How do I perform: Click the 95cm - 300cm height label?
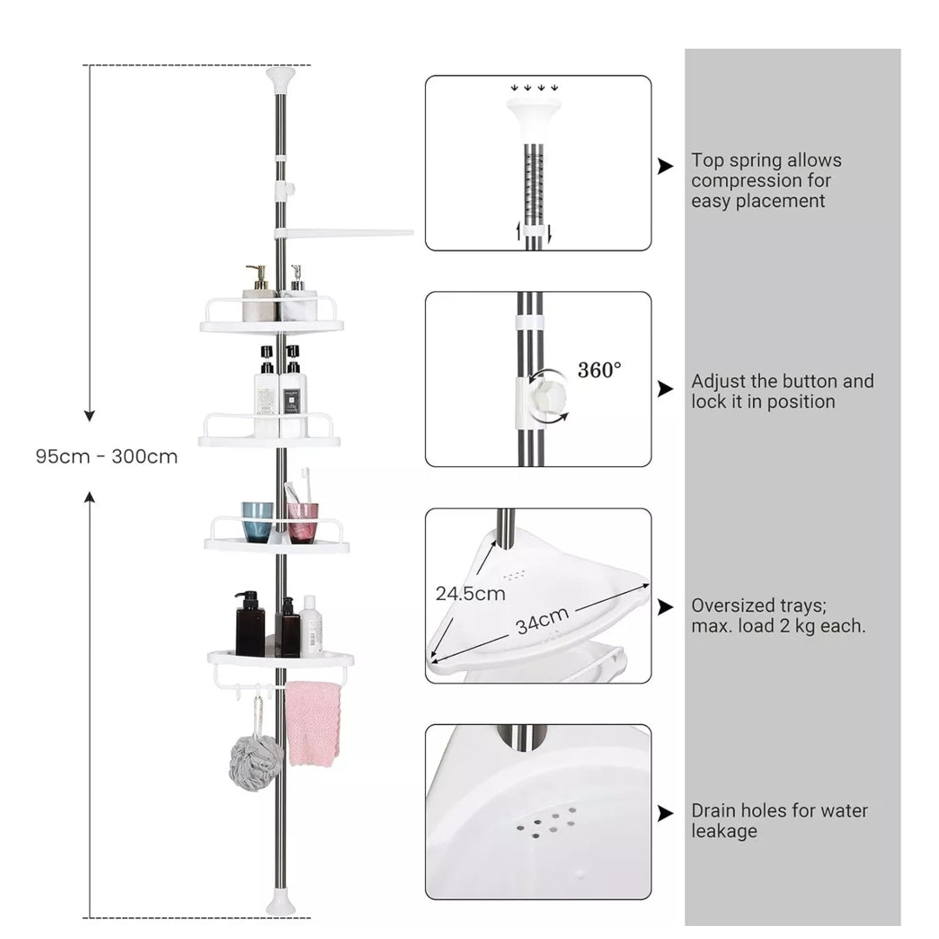point(107,456)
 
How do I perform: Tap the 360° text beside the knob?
point(599,370)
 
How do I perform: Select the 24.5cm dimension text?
point(470,594)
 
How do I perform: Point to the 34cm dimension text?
point(542,621)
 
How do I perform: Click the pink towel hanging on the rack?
point(313,723)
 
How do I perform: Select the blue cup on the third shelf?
point(257,523)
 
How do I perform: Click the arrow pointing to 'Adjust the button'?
point(665,389)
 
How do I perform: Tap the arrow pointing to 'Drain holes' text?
point(665,813)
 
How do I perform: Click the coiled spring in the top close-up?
point(534,180)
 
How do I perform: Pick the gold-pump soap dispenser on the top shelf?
point(259,294)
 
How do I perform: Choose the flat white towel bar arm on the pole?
point(343,233)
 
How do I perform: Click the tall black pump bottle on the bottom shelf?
point(250,623)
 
